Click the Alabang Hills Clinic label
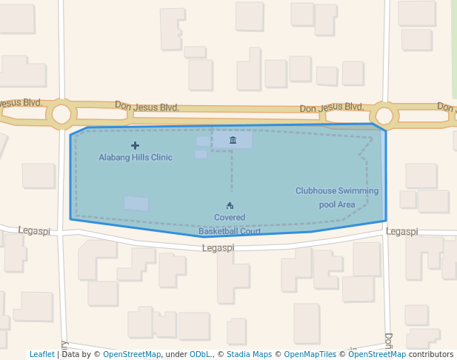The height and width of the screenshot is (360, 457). click(136, 157)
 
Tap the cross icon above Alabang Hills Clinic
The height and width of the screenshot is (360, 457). click(135, 145)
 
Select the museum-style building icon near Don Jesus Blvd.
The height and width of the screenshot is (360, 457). click(233, 140)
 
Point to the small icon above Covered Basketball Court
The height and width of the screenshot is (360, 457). click(230, 205)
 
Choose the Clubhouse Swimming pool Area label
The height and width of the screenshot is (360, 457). click(337, 197)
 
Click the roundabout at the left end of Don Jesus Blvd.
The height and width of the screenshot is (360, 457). click(61, 114)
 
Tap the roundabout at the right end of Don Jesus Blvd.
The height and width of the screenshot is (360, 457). click(384, 116)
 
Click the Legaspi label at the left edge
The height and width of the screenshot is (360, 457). click(34, 231)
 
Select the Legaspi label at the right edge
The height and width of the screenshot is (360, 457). click(402, 232)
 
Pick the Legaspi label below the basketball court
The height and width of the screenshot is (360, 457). click(218, 248)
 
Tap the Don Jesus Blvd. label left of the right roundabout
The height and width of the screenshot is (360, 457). click(332, 108)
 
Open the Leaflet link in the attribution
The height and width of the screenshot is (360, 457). click(42, 355)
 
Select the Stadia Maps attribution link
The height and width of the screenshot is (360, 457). click(249, 355)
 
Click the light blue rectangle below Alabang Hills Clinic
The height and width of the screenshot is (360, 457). click(136, 203)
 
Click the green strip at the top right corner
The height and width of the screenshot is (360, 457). click(454, 44)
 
